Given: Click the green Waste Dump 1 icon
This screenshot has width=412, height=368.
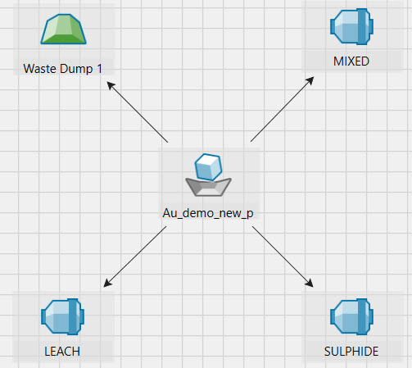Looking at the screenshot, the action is tap(63, 29).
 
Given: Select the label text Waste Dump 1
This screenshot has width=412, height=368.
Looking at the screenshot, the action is tap(63, 69).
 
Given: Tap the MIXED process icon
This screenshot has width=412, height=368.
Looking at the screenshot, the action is tap(351, 26).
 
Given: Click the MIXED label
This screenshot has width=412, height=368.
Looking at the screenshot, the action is tap(351, 61).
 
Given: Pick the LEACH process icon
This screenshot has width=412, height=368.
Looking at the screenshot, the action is tap(62, 316).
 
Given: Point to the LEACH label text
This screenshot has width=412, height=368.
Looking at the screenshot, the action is tap(62, 352).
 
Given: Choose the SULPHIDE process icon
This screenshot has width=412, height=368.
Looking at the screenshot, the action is tap(351, 316).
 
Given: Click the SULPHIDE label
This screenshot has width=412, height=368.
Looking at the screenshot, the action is tap(351, 352).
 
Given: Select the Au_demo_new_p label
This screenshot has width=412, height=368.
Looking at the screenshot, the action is tap(208, 213).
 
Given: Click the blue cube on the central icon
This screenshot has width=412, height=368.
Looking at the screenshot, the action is tap(208, 167).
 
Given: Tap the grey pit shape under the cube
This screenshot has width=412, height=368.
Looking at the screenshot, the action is tap(208, 187).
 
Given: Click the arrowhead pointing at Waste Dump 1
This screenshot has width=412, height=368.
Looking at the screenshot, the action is tap(111, 85).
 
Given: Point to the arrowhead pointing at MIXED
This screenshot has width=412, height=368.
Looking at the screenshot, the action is tap(310, 81).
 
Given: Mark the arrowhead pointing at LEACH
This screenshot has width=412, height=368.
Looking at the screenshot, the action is tap(107, 283).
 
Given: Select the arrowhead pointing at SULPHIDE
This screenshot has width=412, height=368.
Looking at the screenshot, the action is tap(310, 283).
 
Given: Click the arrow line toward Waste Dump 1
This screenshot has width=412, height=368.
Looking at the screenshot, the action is tap(137, 111).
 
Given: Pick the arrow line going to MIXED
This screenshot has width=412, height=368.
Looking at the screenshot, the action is tap(283, 109).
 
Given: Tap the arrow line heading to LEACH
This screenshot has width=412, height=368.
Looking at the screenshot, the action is tap(135, 257).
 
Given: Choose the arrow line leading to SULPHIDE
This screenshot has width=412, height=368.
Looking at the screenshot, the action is tap(283, 257).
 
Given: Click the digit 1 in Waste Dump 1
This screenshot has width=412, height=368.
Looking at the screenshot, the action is tap(99, 69).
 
